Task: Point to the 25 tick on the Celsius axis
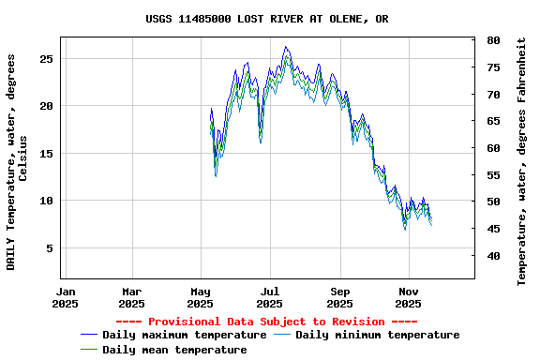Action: [47, 58]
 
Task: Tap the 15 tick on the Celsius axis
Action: [47, 154]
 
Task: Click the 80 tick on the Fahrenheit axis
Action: [493, 41]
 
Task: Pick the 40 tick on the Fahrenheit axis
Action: [493, 256]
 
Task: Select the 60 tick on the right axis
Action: [493, 148]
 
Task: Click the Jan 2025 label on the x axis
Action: [66, 297]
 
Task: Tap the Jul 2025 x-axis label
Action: [269, 297]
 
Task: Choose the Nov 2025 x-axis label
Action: [408, 297]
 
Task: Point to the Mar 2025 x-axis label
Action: [132, 297]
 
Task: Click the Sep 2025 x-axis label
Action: [339, 297]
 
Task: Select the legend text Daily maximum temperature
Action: [185, 335]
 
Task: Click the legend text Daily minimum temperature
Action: [377, 335]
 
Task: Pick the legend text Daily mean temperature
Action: [174, 350]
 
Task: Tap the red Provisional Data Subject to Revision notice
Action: [270, 322]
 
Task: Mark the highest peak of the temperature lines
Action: [286, 47]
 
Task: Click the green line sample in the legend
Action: [89, 350]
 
